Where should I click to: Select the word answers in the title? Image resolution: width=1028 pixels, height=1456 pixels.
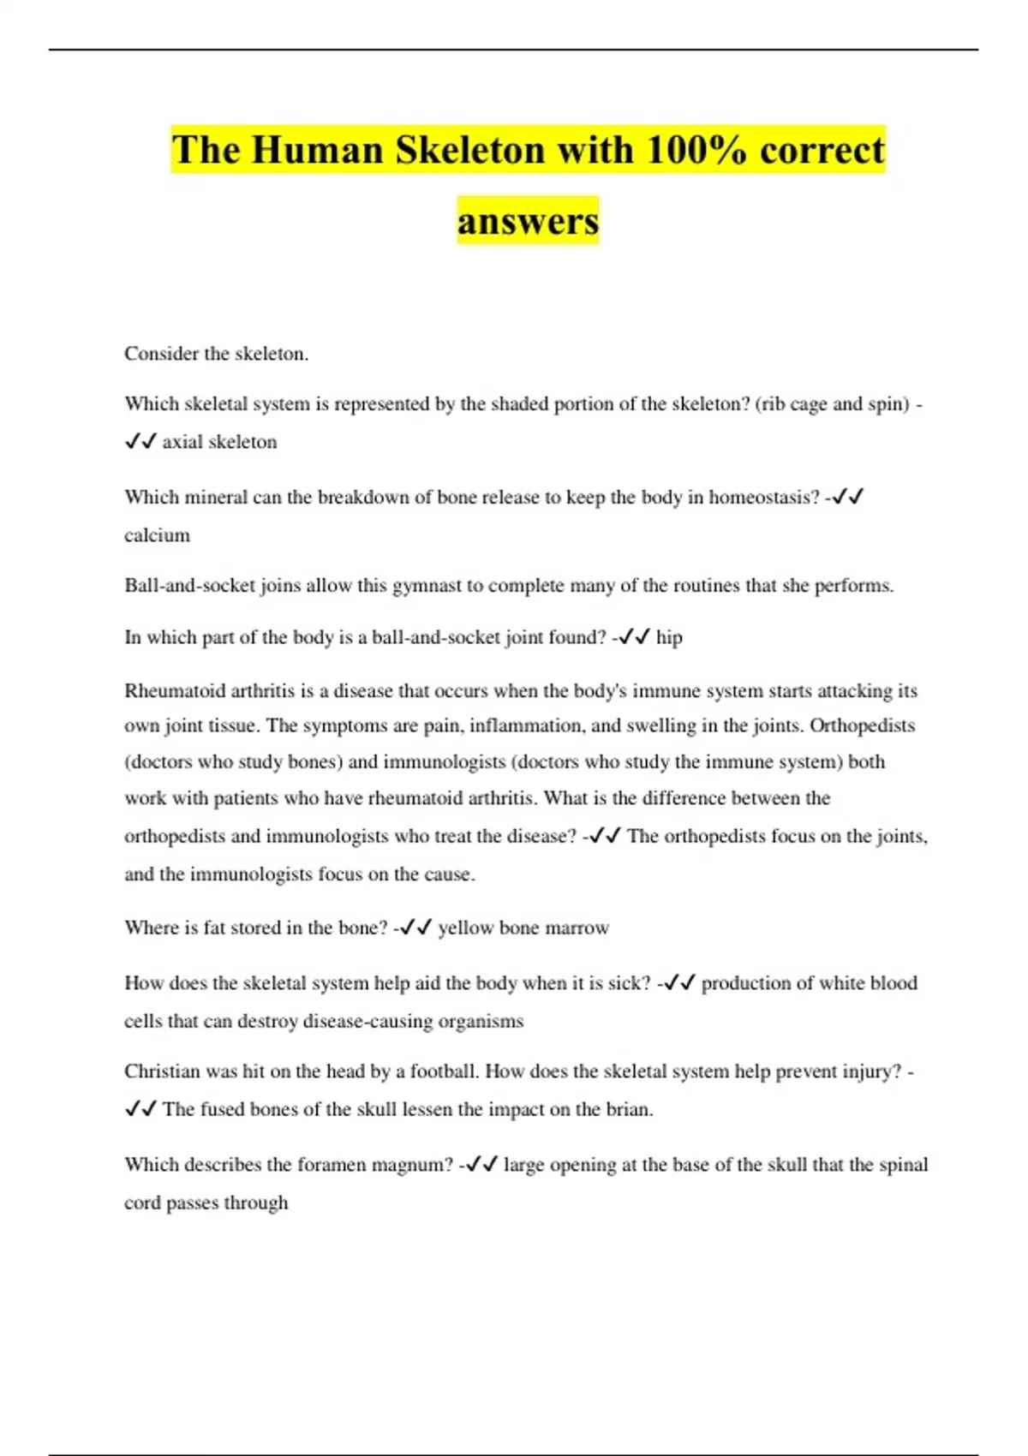(x=528, y=221)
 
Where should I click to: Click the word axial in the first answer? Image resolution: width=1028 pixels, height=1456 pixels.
(x=182, y=442)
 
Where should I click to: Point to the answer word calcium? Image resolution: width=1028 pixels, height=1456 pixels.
(x=157, y=535)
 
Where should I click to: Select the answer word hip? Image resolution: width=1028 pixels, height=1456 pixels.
(x=669, y=637)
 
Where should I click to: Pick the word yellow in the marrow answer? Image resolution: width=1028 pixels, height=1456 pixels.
(x=465, y=928)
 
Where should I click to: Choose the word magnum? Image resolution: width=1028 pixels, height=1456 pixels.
(x=414, y=1165)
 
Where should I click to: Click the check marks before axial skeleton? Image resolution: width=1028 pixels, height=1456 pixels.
(x=140, y=442)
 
